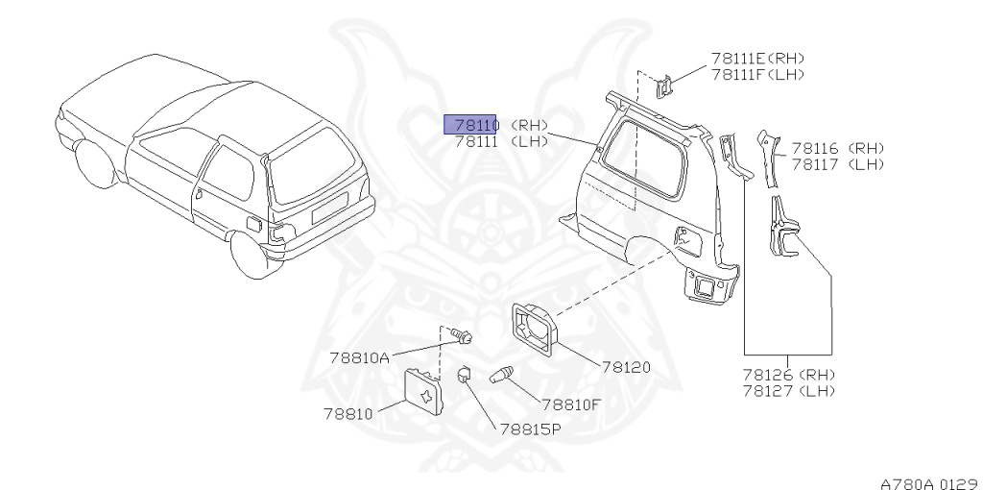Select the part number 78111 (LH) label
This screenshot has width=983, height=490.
point(474,141)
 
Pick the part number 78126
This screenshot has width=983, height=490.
point(766,375)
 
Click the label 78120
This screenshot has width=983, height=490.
point(626,367)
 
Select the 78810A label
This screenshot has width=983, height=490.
point(359,357)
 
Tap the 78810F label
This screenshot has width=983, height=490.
point(570,404)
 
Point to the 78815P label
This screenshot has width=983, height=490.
point(530,429)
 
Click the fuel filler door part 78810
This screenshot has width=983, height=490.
point(423,392)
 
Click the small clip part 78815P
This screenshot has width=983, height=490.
point(462,374)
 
